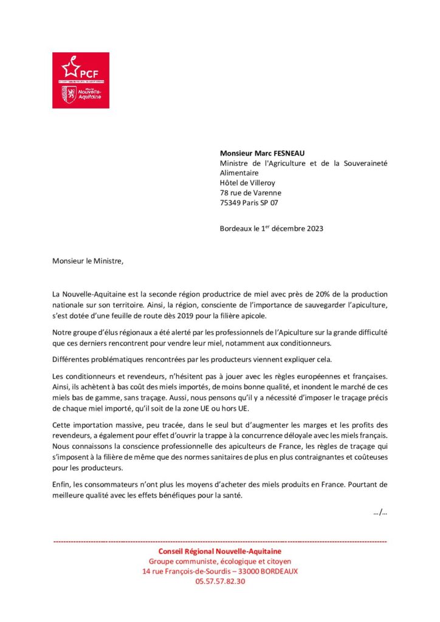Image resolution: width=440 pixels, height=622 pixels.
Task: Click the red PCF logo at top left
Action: (81, 80)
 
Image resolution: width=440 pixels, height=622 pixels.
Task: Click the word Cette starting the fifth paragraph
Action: (62, 425)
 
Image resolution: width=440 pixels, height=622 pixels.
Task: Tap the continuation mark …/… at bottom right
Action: (380, 512)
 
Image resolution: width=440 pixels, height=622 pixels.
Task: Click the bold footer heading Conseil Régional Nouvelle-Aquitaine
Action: (220, 551)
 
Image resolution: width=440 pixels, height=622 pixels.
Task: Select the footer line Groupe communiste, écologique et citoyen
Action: (220, 561)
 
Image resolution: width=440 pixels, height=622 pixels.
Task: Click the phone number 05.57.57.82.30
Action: (220, 581)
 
